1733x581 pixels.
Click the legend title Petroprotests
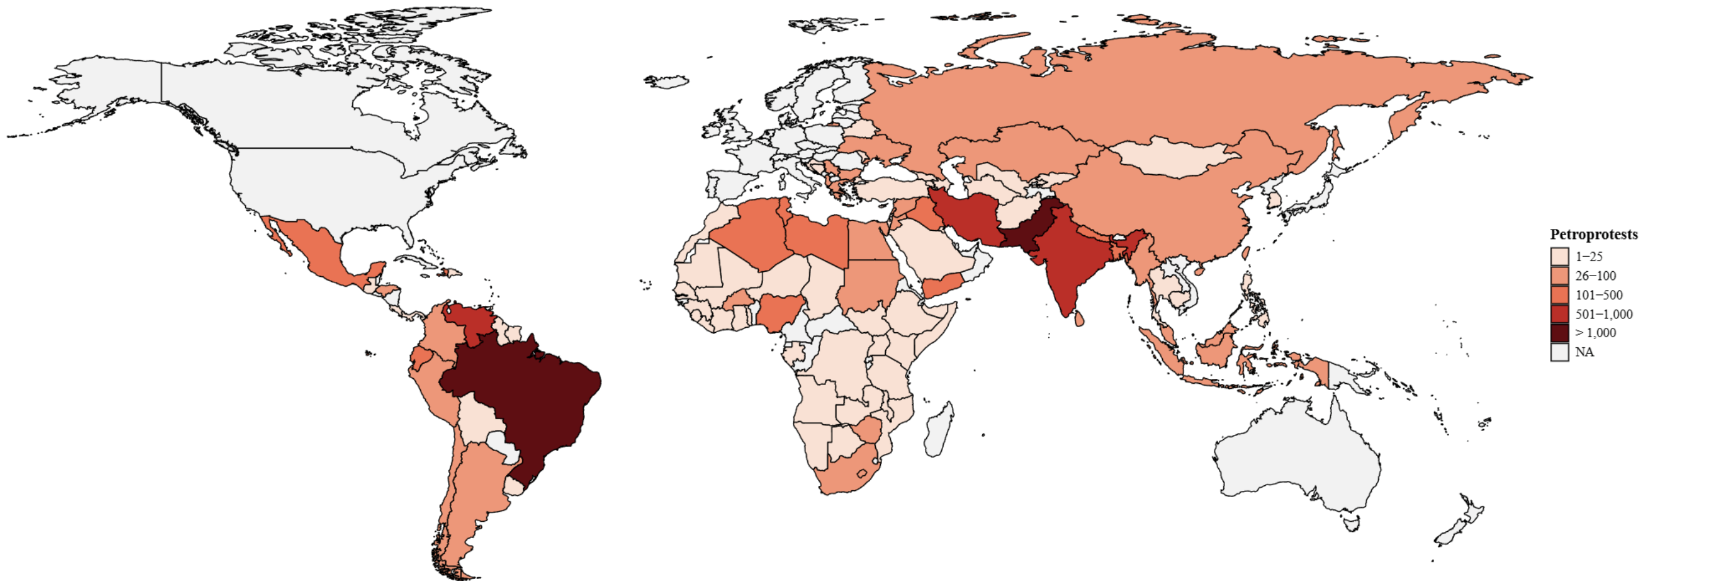tap(1593, 235)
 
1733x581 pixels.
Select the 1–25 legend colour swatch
tap(1559, 257)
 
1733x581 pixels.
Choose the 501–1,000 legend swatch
tap(1559, 314)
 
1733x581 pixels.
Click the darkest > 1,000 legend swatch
tap(1559, 333)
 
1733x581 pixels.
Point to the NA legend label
tap(1584, 352)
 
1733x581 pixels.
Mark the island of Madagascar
tap(939, 430)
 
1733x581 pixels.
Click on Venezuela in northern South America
tap(471, 319)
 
